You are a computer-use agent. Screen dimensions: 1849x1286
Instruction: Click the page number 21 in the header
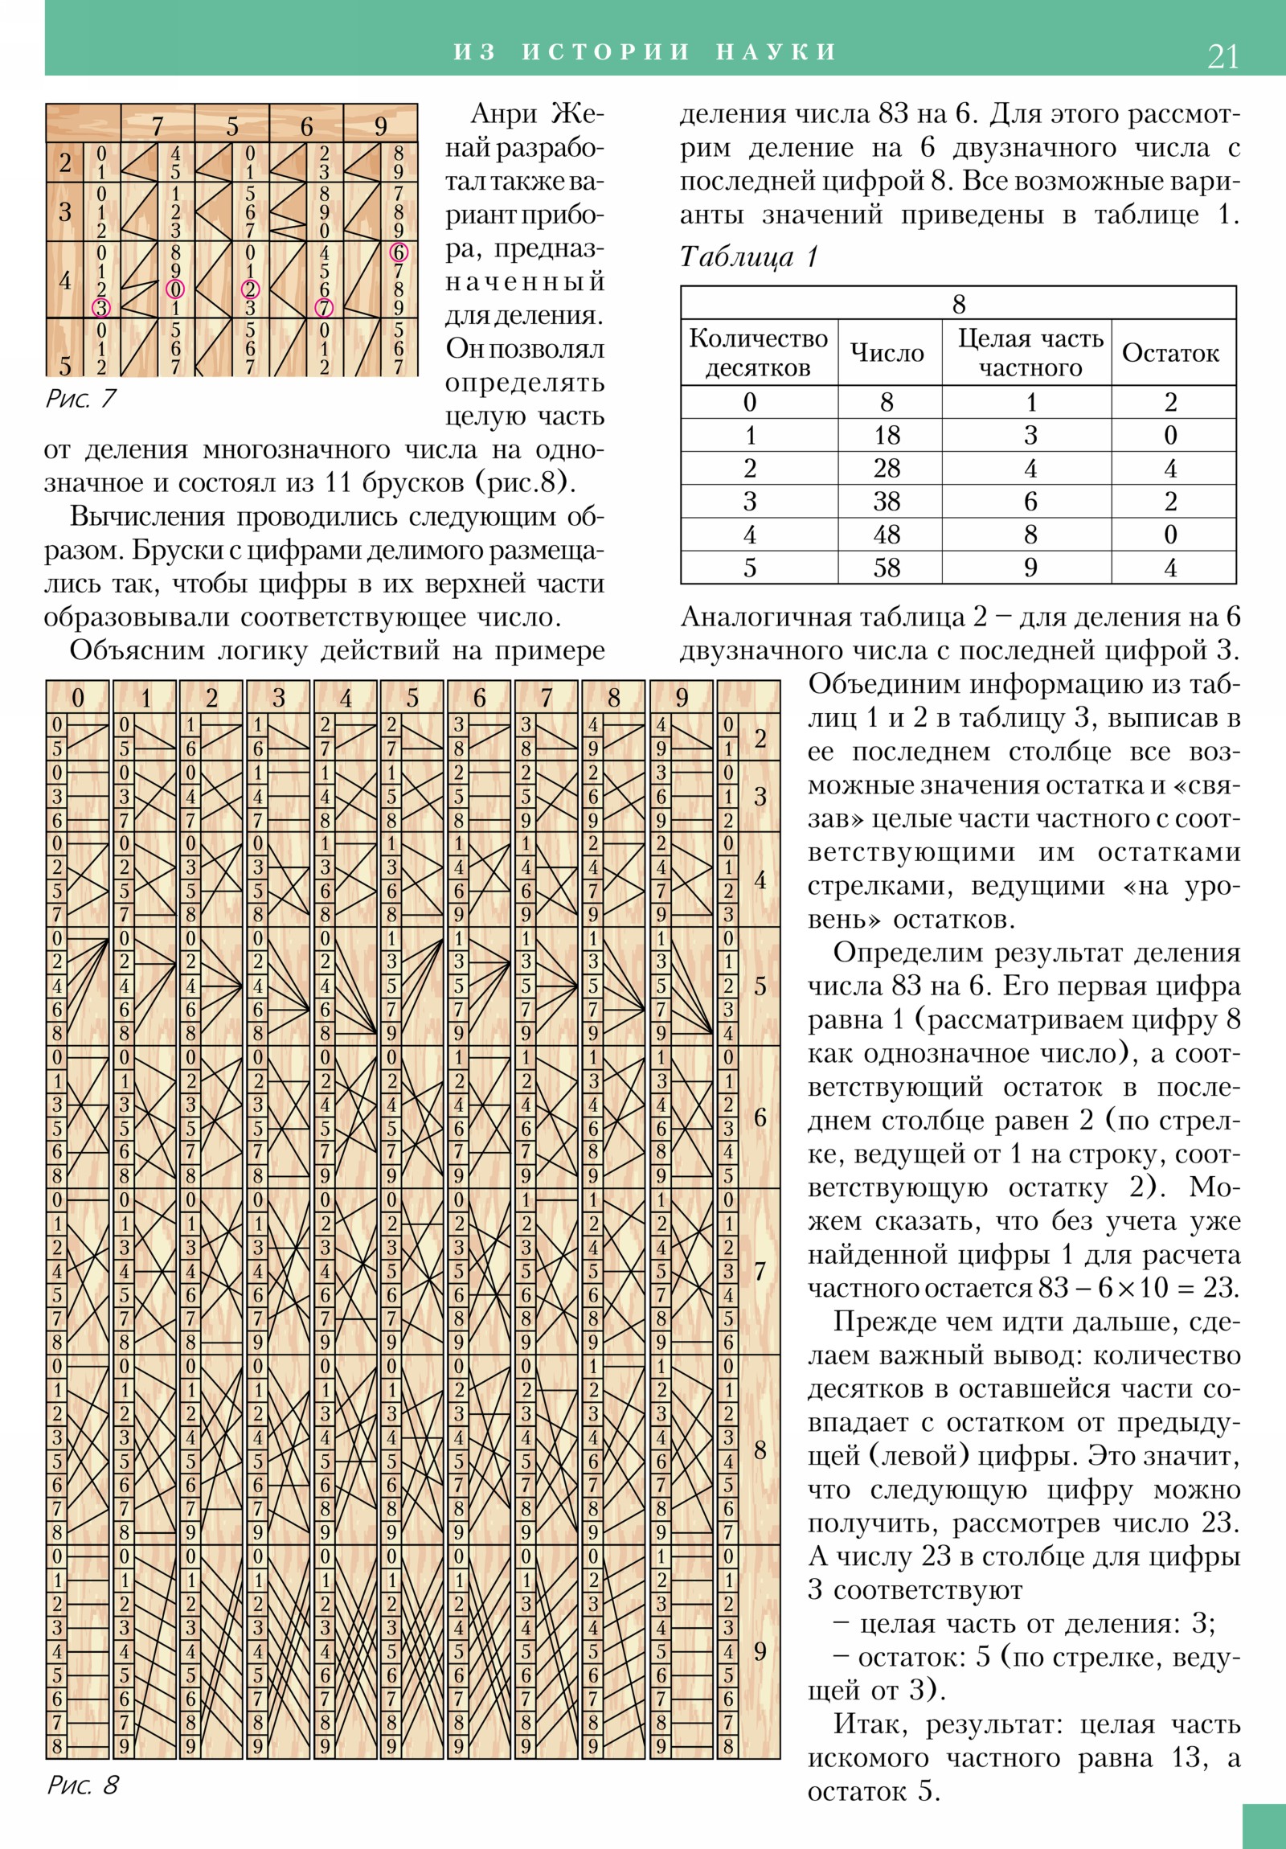tap(1223, 57)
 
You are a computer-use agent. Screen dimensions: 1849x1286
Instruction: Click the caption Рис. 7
tap(80, 399)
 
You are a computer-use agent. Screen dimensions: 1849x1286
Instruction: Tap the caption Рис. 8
tap(82, 1785)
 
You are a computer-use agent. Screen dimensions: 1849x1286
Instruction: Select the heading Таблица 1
tap(749, 257)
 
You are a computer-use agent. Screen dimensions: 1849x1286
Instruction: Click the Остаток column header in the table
tap(1170, 353)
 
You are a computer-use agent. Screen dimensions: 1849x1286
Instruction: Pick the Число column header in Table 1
tap(887, 353)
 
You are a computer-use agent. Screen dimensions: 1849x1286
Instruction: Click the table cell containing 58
tap(887, 568)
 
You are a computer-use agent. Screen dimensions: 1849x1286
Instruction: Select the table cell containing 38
tap(887, 502)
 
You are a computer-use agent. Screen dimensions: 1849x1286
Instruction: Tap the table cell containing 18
tap(887, 436)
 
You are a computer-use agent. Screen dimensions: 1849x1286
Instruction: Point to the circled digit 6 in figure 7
tap(399, 252)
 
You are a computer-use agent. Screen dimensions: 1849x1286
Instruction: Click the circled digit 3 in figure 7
tap(100, 307)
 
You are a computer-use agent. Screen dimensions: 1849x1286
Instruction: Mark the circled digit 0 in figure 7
tap(174, 289)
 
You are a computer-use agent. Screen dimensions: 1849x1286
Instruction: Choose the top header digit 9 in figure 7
tap(380, 125)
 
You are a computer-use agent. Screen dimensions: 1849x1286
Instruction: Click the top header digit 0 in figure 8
tap(77, 698)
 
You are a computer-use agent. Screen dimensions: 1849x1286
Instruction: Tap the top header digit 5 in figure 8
tap(412, 698)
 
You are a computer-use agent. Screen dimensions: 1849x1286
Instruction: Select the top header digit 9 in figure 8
tap(682, 698)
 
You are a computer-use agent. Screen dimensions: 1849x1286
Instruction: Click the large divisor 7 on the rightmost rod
tap(760, 1271)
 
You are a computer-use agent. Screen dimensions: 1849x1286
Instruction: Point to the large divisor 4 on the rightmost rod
tap(760, 880)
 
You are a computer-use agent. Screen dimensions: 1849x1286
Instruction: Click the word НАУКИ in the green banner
tap(776, 52)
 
